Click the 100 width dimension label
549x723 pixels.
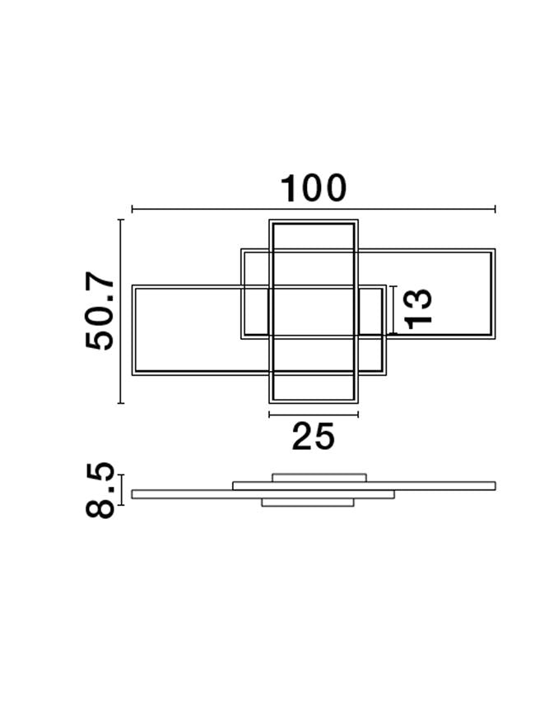click(x=314, y=188)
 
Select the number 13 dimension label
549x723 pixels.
click(x=418, y=308)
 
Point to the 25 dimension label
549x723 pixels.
click(x=314, y=437)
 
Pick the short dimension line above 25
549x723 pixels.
click(x=314, y=415)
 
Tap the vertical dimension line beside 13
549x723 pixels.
click(x=394, y=309)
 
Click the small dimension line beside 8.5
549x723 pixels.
click(x=121, y=489)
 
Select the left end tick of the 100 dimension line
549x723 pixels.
click(x=133, y=210)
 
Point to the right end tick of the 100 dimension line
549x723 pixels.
click(x=495, y=210)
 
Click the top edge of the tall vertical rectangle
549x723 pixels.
click(x=314, y=221)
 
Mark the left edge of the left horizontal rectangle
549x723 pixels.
click(x=133, y=330)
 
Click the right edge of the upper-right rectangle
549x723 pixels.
click(x=493, y=294)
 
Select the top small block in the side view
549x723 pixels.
click(x=319, y=477)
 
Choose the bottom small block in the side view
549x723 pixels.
click(x=308, y=502)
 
